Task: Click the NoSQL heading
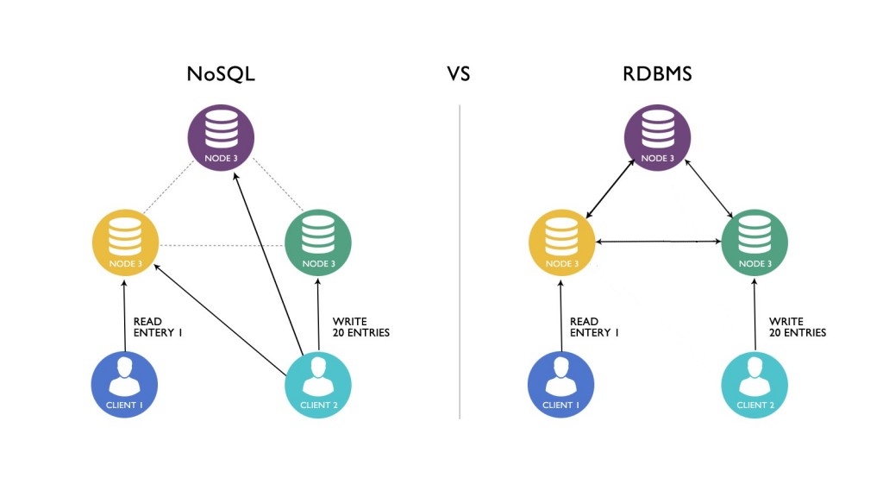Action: pos(221,74)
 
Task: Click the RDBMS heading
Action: pos(657,74)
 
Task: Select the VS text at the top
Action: pos(459,74)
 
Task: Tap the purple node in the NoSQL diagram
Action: pos(221,138)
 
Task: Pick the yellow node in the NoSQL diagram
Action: pos(126,242)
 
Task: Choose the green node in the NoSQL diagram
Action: pos(318,242)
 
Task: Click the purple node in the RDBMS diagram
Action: pos(657,138)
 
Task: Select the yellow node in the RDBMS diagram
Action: pos(562,242)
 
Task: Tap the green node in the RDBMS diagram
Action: pos(755,242)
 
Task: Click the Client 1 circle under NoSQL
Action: pos(125,385)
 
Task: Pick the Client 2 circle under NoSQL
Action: pos(317,385)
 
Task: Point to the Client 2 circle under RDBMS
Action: pos(754,385)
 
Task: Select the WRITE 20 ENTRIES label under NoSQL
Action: pos(360,327)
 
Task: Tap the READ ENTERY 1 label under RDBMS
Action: pos(595,327)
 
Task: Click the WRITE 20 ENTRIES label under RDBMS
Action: pos(797,327)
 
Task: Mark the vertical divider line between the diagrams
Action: pos(460,259)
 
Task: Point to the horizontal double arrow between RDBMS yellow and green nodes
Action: pos(659,242)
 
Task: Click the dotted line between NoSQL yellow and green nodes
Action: pos(222,246)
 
